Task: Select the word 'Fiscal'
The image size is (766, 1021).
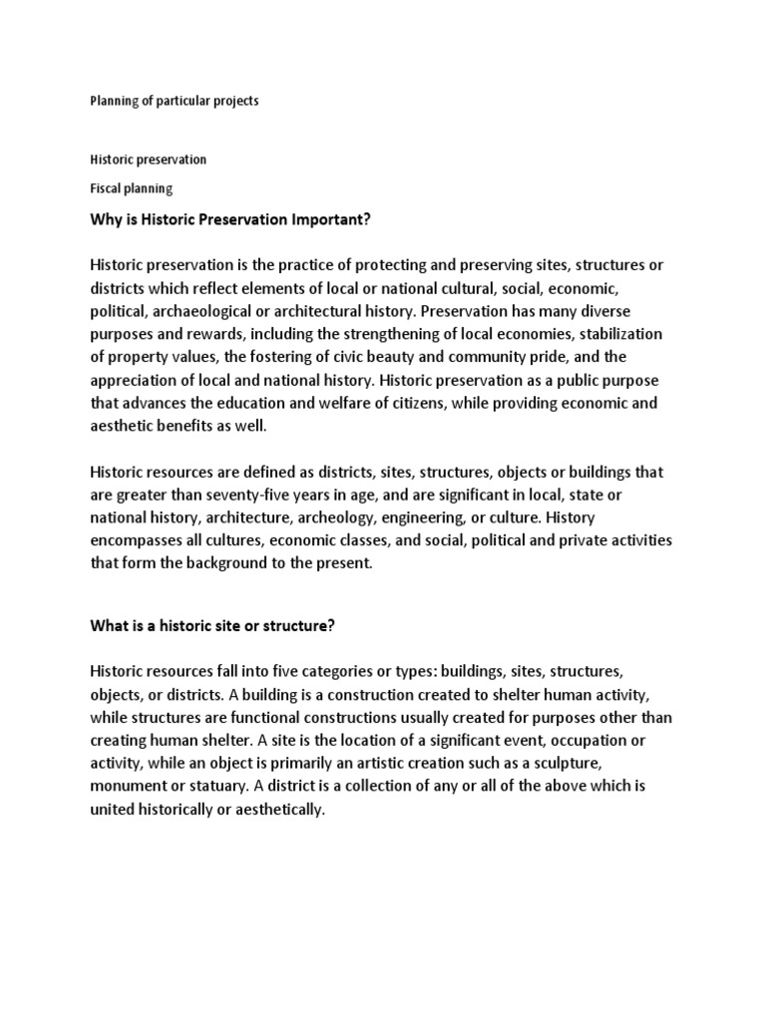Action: (x=107, y=187)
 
